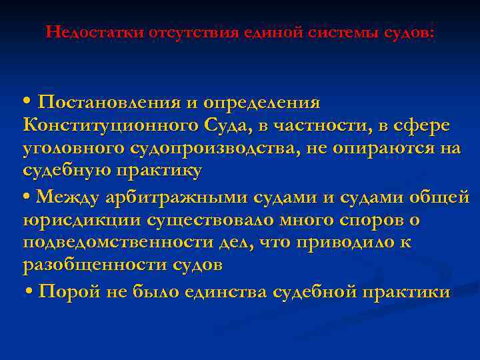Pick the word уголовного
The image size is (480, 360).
(73, 148)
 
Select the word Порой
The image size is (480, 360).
(70, 292)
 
